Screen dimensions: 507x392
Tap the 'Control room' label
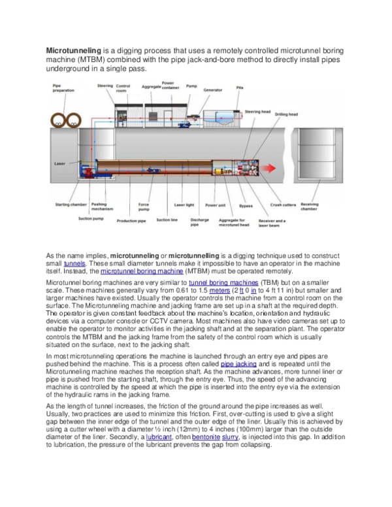coord(122,88)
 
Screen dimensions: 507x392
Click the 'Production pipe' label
coord(131,221)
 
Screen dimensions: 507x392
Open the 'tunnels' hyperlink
coord(74,263)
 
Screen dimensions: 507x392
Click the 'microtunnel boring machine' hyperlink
coord(138,271)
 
